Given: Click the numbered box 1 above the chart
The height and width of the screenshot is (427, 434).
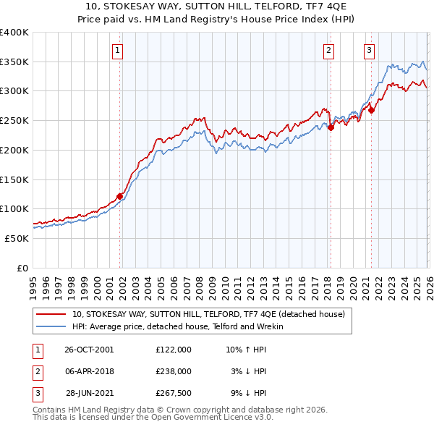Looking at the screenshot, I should (x=117, y=50).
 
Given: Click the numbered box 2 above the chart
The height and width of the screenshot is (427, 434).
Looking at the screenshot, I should (x=328, y=50).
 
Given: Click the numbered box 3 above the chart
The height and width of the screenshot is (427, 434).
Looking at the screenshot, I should (x=369, y=50).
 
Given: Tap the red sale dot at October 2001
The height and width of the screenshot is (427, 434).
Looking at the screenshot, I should (x=120, y=195).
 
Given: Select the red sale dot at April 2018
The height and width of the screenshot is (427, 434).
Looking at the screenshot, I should (x=331, y=127).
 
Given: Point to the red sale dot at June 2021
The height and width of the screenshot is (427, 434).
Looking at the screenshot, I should (x=371, y=110).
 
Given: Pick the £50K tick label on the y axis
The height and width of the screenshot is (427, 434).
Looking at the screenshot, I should (x=17, y=238).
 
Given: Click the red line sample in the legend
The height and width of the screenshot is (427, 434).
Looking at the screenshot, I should (x=51, y=314).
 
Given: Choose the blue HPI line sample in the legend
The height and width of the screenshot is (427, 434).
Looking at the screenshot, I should (x=51, y=326).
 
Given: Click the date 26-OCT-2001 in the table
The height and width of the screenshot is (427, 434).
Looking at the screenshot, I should (x=89, y=349).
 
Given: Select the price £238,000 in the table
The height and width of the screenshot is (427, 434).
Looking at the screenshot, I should (x=173, y=371).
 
